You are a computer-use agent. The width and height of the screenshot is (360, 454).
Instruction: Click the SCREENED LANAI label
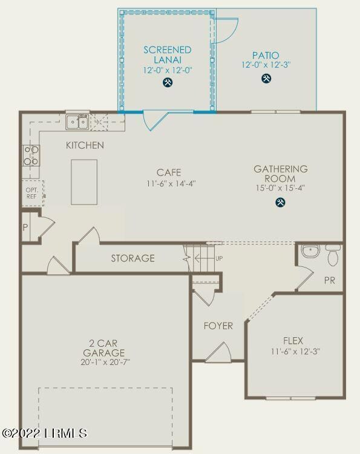pos(167,54)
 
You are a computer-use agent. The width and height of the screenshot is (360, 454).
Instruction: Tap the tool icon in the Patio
pos(266,79)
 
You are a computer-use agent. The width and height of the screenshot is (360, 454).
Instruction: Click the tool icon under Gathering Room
pos(280,203)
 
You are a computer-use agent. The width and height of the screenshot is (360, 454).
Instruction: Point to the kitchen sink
pos(77,122)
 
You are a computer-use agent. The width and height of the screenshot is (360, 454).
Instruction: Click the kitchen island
pos(84,182)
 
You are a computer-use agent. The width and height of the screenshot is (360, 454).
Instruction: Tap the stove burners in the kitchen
pos(31,156)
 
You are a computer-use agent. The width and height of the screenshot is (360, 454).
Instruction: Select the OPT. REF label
pos(31,193)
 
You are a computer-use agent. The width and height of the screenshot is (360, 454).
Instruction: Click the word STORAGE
pos(133,258)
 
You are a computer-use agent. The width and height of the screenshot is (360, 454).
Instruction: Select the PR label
pos(330,281)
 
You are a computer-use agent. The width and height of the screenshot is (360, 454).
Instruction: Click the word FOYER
pos(218,326)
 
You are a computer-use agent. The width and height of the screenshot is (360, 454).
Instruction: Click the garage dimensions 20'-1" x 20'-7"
pos(104,363)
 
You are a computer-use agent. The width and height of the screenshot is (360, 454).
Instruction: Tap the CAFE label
pos(168,173)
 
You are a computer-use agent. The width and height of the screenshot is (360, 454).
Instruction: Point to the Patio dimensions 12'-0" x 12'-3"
pos(266,64)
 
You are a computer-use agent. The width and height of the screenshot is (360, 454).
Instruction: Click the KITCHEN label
pos(85,145)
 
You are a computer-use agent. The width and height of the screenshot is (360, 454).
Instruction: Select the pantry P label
pos(25,227)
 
